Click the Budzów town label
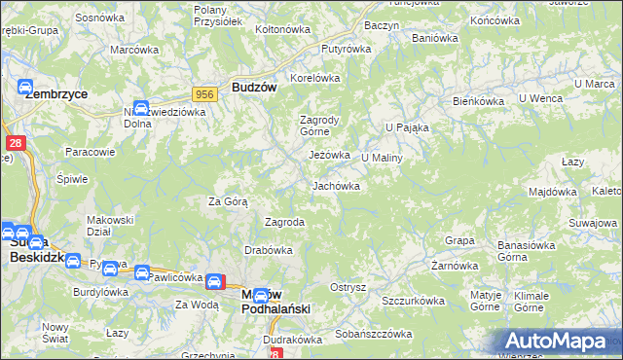click(255, 86)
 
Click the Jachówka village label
click(336, 186)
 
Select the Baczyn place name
click(382, 24)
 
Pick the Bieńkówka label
click(477, 100)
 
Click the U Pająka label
click(407, 127)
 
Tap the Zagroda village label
click(285, 222)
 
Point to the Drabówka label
click(269, 249)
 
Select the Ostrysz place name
click(348, 287)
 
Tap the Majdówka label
click(553, 193)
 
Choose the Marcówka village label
click(134, 50)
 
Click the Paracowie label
click(91, 152)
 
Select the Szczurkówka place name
click(413, 302)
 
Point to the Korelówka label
click(313, 78)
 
